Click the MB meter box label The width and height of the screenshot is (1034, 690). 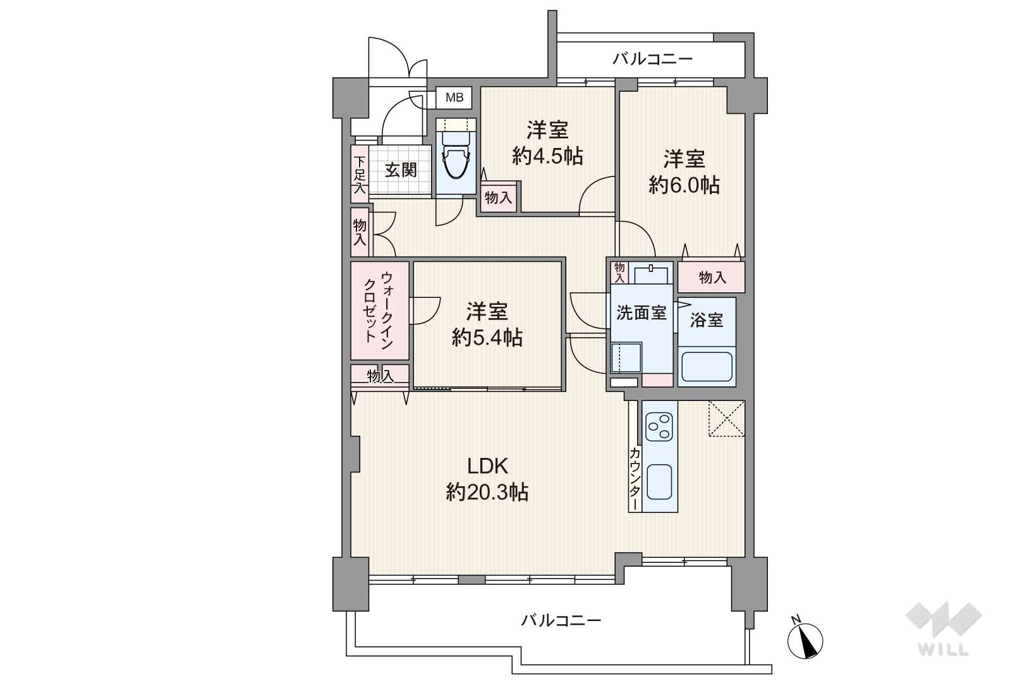tap(454, 98)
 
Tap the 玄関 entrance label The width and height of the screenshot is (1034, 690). tap(401, 170)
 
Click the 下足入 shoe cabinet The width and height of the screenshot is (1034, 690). tap(360, 174)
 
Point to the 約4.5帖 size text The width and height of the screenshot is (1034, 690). tap(547, 156)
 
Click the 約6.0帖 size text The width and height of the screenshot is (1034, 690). tap(684, 185)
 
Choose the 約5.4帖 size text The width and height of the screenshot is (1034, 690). tap(487, 338)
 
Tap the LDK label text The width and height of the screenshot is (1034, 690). tap(487, 466)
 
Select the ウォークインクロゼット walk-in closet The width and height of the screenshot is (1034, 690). tap(379, 311)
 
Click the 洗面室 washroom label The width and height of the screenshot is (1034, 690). tap(642, 313)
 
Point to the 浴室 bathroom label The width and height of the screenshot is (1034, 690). tap(706, 320)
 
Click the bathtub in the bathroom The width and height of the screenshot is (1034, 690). tap(707, 367)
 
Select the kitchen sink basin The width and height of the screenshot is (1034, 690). tap(659, 482)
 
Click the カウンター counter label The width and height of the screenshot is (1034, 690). tap(635, 479)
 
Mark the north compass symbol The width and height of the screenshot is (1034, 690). tap(805, 639)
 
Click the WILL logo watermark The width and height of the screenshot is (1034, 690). tap(944, 628)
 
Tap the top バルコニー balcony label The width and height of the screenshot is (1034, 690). tap(653, 59)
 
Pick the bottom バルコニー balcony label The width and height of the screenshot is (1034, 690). tap(561, 620)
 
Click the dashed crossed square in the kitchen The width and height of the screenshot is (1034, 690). tap(727, 419)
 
